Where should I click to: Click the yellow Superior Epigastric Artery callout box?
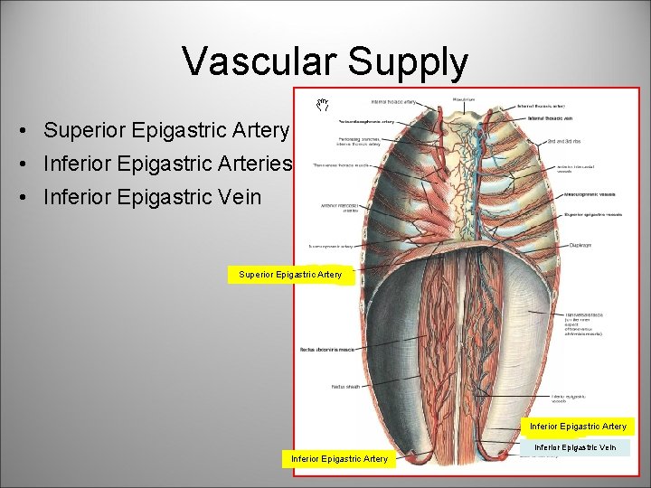tap(290, 275)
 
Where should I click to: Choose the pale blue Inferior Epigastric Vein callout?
tap(575, 446)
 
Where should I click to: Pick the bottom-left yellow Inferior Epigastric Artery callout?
tap(339, 459)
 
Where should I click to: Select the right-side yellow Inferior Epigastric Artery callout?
tap(578, 426)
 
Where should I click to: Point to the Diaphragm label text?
tap(582, 244)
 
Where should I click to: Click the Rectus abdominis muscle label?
tap(328, 350)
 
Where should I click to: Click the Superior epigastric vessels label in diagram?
tap(592, 215)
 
